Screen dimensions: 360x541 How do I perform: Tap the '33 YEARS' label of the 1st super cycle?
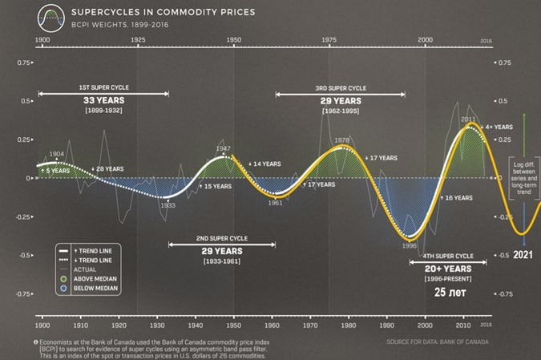point(103,100)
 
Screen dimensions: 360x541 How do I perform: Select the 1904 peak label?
point(56,154)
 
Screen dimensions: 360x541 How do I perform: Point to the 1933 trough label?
point(168,205)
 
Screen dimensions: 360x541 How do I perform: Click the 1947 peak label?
point(224,148)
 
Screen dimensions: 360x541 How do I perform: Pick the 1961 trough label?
point(276,203)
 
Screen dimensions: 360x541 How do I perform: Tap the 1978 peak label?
point(342,140)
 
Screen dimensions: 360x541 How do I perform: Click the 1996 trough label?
point(409,246)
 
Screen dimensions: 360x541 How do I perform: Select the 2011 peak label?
point(469,119)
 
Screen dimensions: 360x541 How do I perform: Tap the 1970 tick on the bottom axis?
point(309,327)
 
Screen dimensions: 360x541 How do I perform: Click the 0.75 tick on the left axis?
point(24,62)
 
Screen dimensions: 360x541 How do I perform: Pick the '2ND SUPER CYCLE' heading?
point(221,239)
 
